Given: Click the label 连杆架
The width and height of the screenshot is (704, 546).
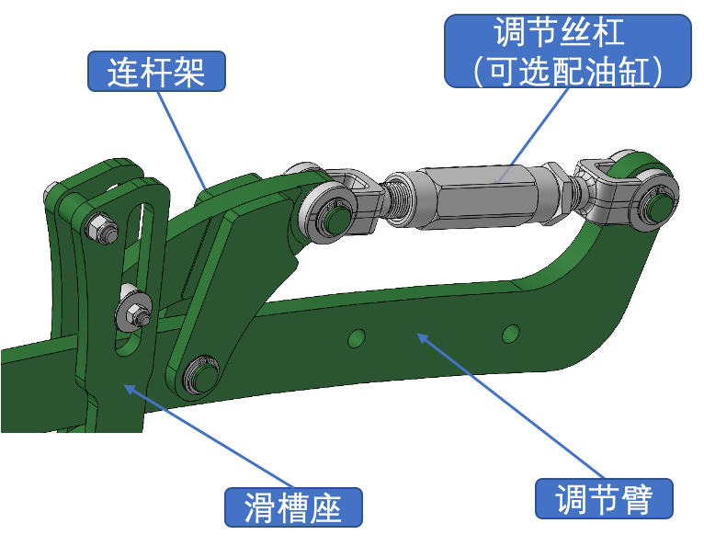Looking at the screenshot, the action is click(x=156, y=72).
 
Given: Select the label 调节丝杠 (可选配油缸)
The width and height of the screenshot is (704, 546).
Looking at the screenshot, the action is click(x=567, y=51).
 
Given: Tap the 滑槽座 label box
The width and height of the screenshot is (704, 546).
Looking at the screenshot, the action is click(x=293, y=507).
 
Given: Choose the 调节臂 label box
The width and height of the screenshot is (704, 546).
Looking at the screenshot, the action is click(x=604, y=498).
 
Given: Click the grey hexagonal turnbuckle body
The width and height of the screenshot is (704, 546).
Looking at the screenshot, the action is click(x=480, y=196).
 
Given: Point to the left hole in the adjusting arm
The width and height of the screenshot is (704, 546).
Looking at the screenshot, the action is click(x=357, y=338).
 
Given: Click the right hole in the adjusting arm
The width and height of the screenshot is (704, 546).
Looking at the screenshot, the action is click(x=510, y=334).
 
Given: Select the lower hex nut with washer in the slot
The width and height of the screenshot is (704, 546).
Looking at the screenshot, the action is click(x=133, y=311).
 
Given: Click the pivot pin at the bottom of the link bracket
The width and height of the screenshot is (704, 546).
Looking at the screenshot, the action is click(x=201, y=375).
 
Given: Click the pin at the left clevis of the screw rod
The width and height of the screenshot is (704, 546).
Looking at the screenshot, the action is click(x=333, y=217).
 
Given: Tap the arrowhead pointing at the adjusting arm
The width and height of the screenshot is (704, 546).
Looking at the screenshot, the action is click(x=425, y=339).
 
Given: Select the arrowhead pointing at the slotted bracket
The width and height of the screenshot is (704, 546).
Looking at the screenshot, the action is click(x=131, y=390).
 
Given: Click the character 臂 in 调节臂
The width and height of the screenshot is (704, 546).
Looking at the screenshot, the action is click(x=636, y=499).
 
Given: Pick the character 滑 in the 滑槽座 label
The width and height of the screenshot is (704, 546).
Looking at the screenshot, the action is click(x=260, y=507).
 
